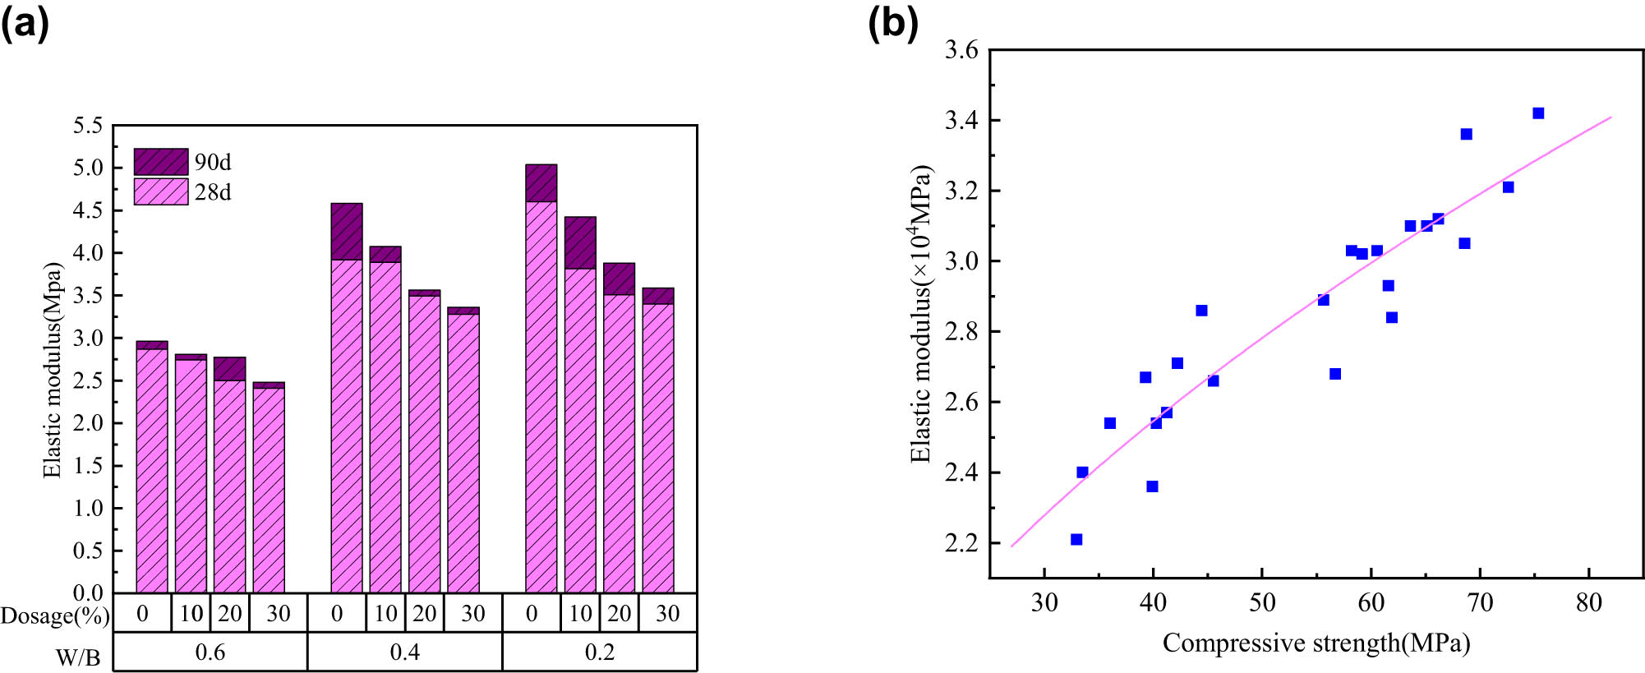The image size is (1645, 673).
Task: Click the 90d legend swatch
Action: click(x=161, y=162)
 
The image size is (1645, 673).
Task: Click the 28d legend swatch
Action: click(x=161, y=192)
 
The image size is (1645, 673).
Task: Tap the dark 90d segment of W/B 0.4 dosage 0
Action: click(x=346, y=232)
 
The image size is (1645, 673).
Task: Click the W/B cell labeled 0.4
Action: click(x=404, y=652)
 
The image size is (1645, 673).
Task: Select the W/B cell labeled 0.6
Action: click(x=210, y=652)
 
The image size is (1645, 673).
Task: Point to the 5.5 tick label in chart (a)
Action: click(x=88, y=126)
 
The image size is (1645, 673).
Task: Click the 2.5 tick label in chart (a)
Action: click(x=88, y=380)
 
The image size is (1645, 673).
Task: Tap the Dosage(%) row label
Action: click(x=54, y=615)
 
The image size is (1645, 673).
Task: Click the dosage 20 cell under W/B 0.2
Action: click(x=619, y=613)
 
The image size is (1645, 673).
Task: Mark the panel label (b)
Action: click(x=893, y=23)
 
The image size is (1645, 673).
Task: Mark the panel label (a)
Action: click(x=25, y=23)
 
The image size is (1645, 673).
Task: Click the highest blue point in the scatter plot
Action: click(x=1538, y=113)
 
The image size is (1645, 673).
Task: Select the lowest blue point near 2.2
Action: click(x=1076, y=540)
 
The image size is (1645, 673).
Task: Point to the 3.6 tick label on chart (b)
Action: click(x=961, y=50)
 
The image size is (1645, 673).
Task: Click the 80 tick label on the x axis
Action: click(x=1588, y=603)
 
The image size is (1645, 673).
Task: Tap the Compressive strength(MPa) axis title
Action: click(x=1316, y=643)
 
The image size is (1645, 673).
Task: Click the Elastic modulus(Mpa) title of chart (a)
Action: click(x=53, y=370)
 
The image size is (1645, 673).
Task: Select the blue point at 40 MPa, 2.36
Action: click(x=1152, y=486)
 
